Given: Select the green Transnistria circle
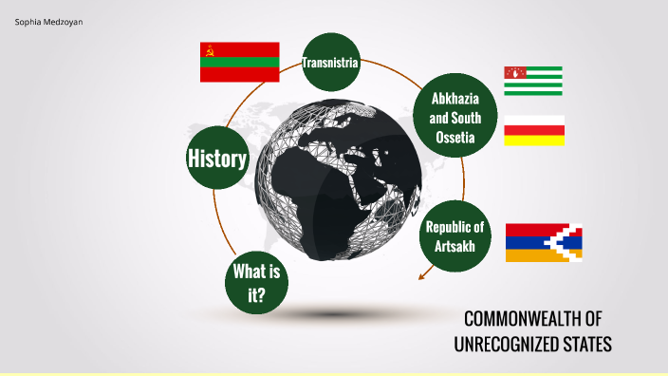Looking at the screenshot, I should pos(330,63).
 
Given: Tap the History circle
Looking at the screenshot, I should pos(217,159).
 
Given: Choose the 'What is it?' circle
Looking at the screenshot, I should pos(255,283).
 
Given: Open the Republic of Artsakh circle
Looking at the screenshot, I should pos(455,235).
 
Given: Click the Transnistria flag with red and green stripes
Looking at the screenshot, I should pos(239,62).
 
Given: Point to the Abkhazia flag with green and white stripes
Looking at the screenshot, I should pos(533,82).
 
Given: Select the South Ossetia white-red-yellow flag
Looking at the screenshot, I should pos(533,130).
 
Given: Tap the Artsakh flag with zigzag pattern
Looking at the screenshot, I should pos(543,242).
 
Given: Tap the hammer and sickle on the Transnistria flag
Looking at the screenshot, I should pos(208,47).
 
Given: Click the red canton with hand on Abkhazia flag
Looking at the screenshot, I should pos(516,72).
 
